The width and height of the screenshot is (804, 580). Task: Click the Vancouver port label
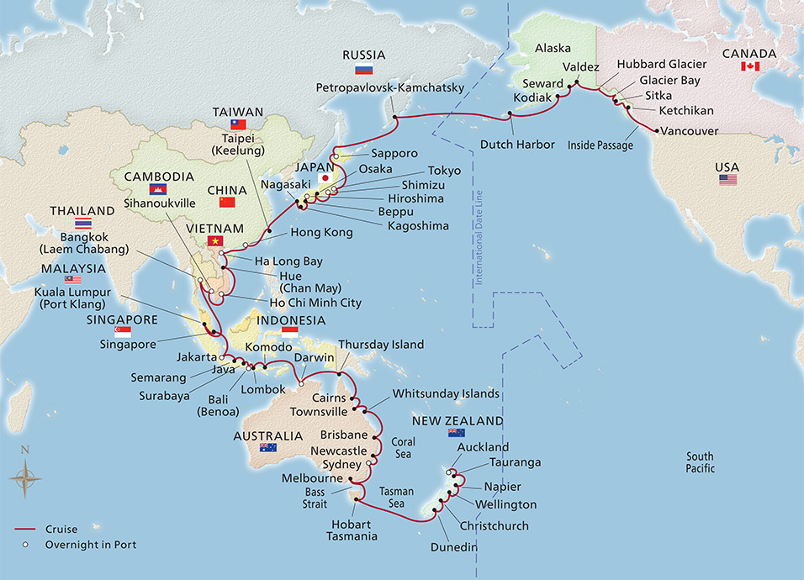(x=690, y=131)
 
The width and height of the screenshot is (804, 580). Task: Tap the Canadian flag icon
(x=750, y=66)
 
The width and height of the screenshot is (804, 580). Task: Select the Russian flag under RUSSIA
(x=363, y=70)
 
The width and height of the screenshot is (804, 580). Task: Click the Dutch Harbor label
(x=517, y=145)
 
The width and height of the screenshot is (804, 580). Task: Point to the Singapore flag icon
(x=110, y=332)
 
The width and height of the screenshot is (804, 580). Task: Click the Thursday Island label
(x=381, y=345)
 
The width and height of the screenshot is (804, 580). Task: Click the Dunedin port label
(x=456, y=548)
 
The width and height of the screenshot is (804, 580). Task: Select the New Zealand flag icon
(x=456, y=433)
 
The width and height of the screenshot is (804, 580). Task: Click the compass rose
(x=25, y=479)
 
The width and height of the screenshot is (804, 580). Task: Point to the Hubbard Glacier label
(x=656, y=64)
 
